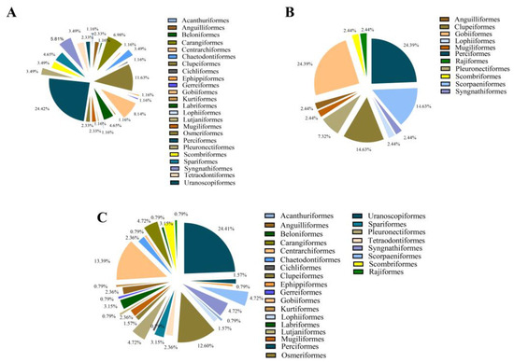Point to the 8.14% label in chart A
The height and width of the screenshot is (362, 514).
tap(138, 115)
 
